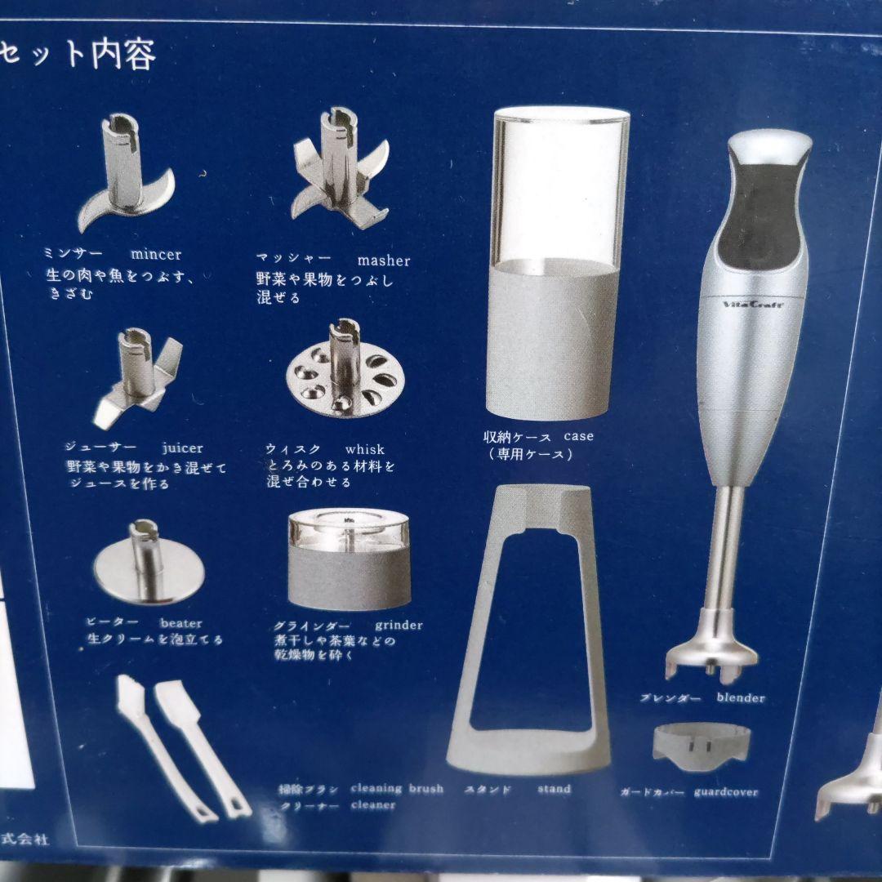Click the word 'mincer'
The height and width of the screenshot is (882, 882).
tap(156, 255)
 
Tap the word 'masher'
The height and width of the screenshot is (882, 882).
tap(384, 261)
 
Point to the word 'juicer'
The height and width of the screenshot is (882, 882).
tap(182, 448)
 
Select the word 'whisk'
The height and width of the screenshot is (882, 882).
tap(364, 449)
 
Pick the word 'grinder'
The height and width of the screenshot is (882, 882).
tap(399, 626)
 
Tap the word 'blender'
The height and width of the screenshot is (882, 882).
tap(741, 697)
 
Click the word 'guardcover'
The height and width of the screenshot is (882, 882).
tap(726, 791)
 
